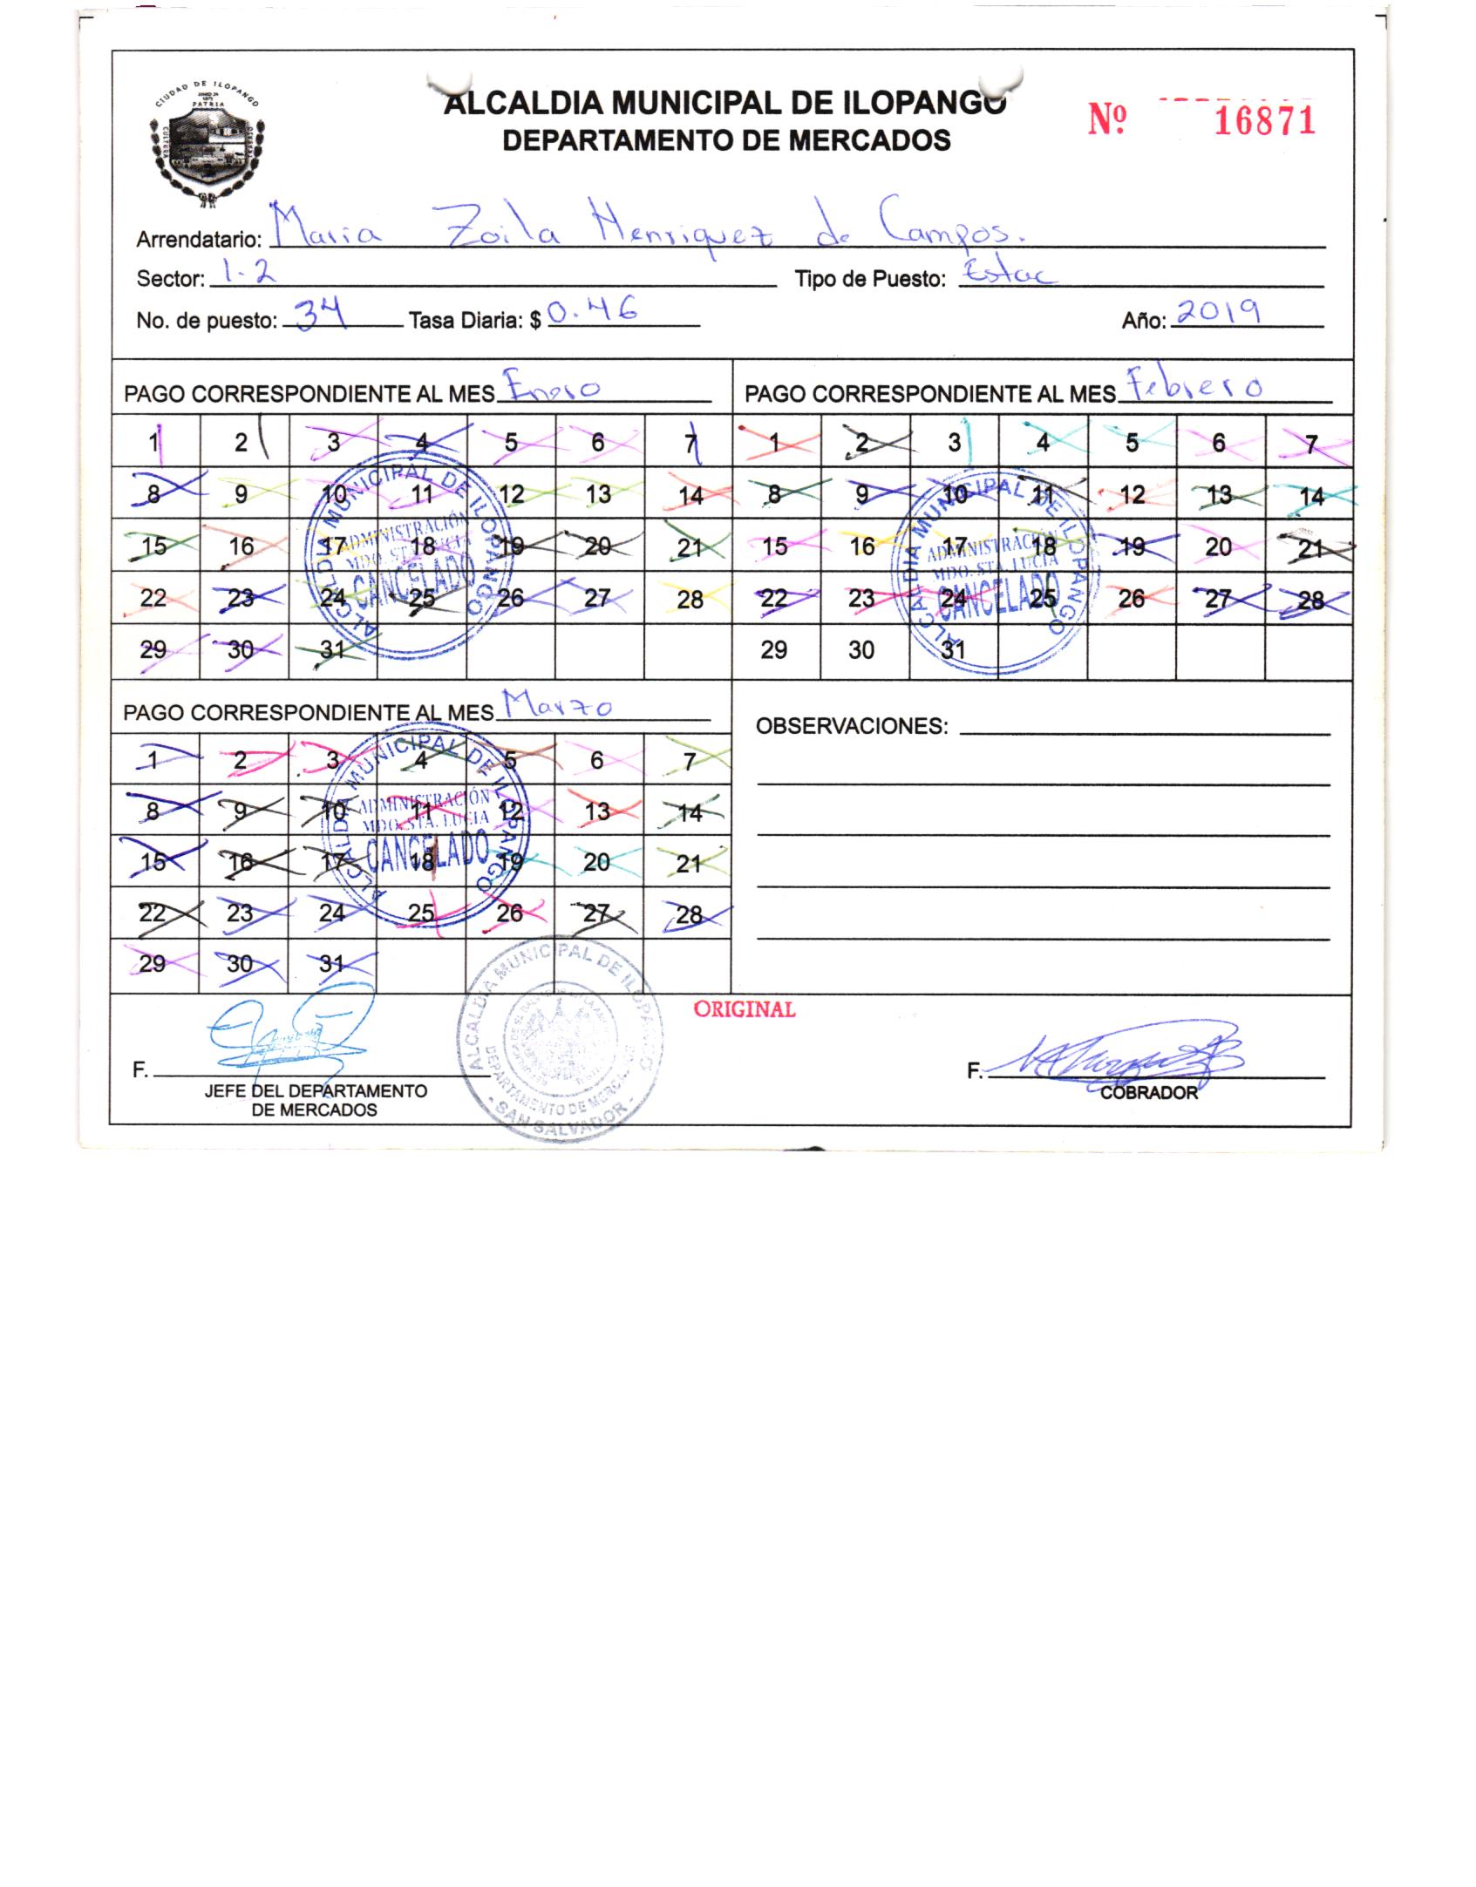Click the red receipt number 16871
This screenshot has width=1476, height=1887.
(1263, 122)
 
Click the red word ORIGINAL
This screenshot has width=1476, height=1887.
(744, 1009)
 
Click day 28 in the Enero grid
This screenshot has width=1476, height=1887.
(689, 600)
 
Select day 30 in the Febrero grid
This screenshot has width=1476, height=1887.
(860, 649)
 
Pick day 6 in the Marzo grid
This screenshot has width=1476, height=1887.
(596, 760)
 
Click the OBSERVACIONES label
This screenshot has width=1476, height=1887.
(851, 726)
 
